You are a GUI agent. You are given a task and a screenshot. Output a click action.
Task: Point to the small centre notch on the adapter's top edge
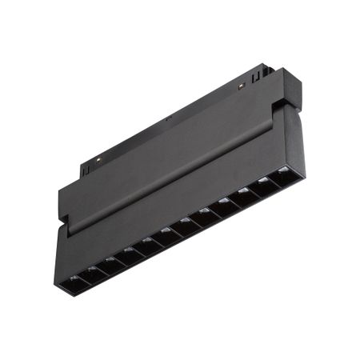coord(170,121)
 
